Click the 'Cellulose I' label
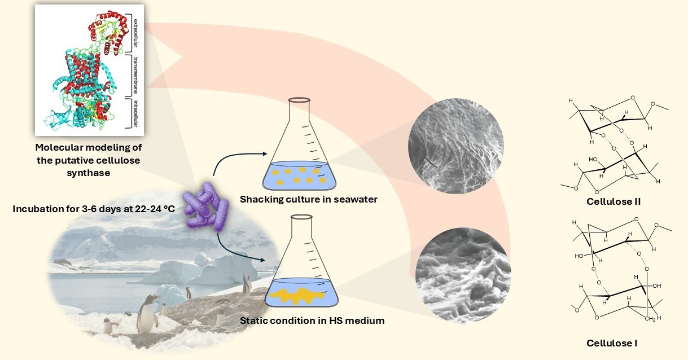612,343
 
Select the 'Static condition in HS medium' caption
312,321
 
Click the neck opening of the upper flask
300,100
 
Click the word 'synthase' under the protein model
88,173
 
